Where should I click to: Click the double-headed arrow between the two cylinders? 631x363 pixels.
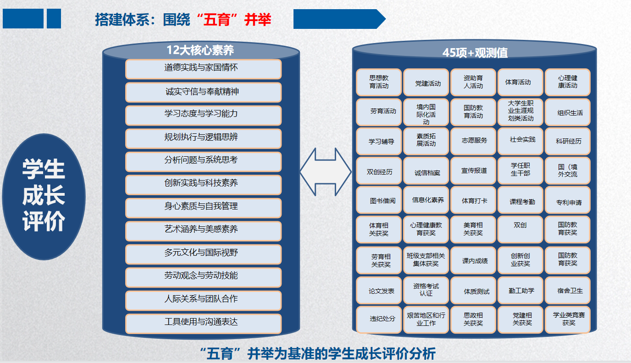[x=326, y=172]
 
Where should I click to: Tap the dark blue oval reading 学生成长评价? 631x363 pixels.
[x=44, y=197]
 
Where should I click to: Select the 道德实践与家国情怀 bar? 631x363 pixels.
[x=203, y=69]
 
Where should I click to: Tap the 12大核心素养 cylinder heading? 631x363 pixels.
[x=200, y=50]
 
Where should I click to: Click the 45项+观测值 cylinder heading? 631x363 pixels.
[x=475, y=53]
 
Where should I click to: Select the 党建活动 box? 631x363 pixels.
[x=426, y=83]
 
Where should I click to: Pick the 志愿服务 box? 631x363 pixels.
[x=474, y=141]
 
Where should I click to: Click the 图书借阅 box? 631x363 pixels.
[x=379, y=200]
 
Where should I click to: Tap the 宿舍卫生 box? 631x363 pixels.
[x=567, y=291]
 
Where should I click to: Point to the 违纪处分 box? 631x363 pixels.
[x=379, y=319]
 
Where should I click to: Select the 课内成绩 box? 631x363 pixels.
[x=474, y=261]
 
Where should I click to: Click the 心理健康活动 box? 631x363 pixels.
[x=567, y=82]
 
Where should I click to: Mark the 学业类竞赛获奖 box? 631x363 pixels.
[x=567, y=319]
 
